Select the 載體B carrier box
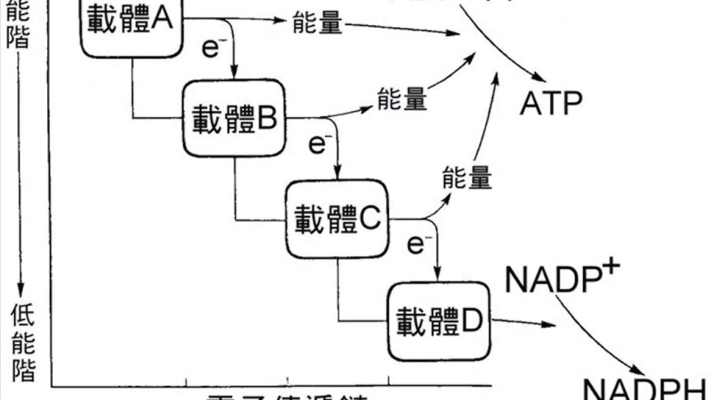point(234,118)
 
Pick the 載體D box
point(439,322)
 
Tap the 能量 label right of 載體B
point(402,99)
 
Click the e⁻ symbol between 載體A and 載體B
point(211,49)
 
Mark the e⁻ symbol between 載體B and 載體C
point(317,144)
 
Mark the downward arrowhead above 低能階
point(21,289)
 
